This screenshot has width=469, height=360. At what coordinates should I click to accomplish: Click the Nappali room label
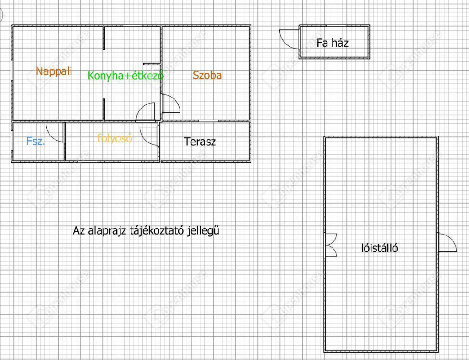click(54, 71)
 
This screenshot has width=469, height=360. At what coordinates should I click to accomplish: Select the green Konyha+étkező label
click(125, 76)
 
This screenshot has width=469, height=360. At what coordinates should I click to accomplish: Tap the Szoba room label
click(207, 76)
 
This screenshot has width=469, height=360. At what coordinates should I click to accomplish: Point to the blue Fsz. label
click(36, 142)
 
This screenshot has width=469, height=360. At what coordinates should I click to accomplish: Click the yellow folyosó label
click(115, 138)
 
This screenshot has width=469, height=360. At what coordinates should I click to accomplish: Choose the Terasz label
click(200, 142)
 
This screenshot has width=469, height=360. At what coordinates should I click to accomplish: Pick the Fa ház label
click(333, 43)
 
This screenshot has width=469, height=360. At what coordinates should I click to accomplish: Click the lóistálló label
click(379, 248)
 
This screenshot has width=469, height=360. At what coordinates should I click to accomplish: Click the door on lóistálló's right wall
click(446, 243)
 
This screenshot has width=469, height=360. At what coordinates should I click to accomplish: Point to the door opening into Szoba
click(170, 104)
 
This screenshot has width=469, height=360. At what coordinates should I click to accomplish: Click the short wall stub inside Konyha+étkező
click(151, 63)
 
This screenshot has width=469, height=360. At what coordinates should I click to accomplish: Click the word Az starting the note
click(78, 230)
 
